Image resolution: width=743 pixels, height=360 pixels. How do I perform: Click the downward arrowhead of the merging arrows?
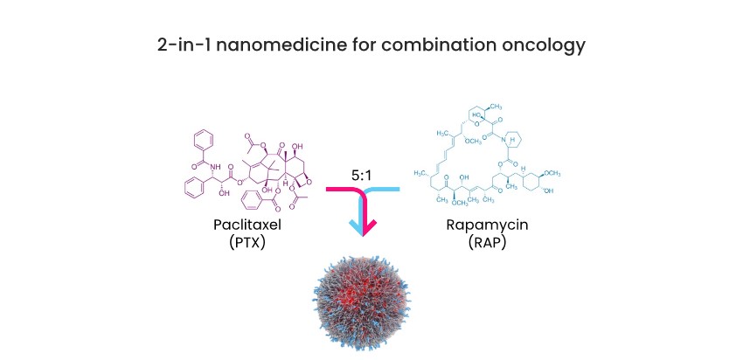coord(365,228)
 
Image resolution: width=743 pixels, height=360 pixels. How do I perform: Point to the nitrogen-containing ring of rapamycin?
coord(515,142)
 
